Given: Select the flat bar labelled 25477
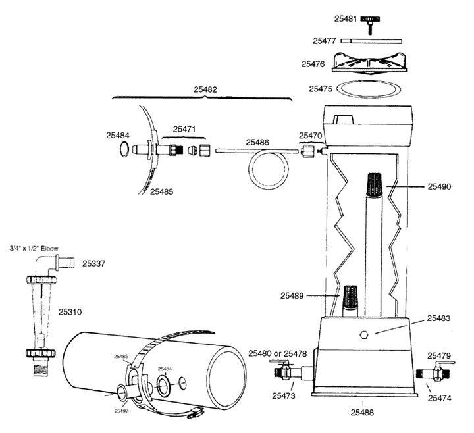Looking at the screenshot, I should (x=371, y=40).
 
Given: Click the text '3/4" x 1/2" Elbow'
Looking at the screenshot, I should (x=34, y=249).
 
